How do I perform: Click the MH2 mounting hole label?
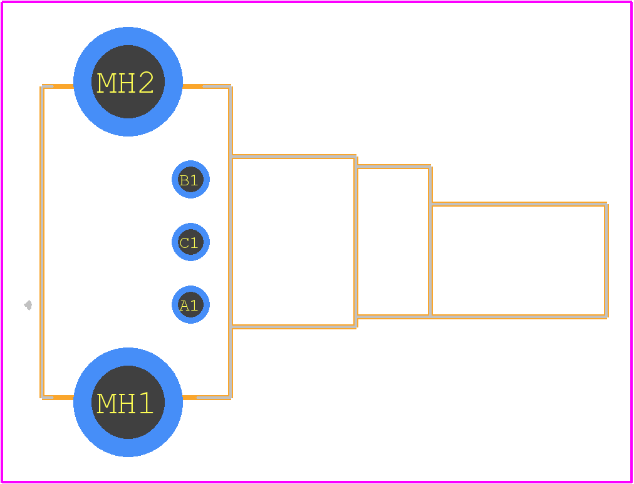pyautogui.click(x=125, y=83)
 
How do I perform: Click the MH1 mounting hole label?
pyautogui.click(x=125, y=403)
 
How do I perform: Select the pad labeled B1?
pyautogui.click(x=190, y=179)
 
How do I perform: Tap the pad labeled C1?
pyautogui.click(x=190, y=242)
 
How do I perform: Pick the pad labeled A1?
pyautogui.click(x=190, y=305)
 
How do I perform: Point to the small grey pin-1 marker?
pyautogui.click(x=28, y=305)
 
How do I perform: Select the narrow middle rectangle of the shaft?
pyautogui.click(x=393, y=241)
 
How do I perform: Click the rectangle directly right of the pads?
pyautogui.click(x=293, y=242)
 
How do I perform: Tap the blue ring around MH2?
pyautogui.click(x=128, y=36)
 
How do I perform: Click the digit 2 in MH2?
pyautogui.click(x=147, y=82)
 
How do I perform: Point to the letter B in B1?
pyautogui.click(x=184, y=180)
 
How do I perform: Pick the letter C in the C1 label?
pyautogui.click(x=184, y=243)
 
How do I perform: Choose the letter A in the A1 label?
pyautogui.click(x=184, y=306)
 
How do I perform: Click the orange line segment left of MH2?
pyautogui.click(x=58, y=86)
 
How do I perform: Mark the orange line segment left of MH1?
pyautogui.click(x=58, y=398)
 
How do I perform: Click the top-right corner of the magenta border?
pyautogui.click(x=631, y=2)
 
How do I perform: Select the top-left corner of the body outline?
pyautogui.click(x=42, y=86)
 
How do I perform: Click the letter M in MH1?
pyautogui.click(x=107, y=403)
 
